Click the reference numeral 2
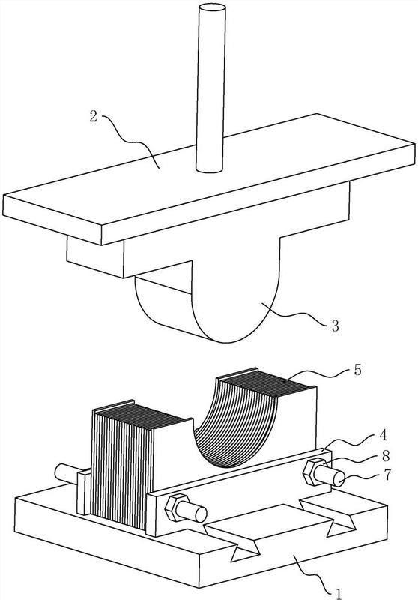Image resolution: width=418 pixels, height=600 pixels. [94, 116]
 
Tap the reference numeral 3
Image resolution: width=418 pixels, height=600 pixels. [335, 325]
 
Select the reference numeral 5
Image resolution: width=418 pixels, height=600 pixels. [357, 370]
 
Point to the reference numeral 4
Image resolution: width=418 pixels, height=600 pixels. [383, 435]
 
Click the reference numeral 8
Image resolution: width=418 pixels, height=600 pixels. [386, 456]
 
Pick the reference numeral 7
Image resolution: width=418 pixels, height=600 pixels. [387, 475]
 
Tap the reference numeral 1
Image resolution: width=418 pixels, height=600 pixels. [338, 593]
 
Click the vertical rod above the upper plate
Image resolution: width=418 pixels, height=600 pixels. [210, 88]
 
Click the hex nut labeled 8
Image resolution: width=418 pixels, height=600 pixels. [314, 472]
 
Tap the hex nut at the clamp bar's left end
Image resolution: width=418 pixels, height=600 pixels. [177, 508]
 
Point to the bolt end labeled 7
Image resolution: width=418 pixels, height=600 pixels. [333, 476]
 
